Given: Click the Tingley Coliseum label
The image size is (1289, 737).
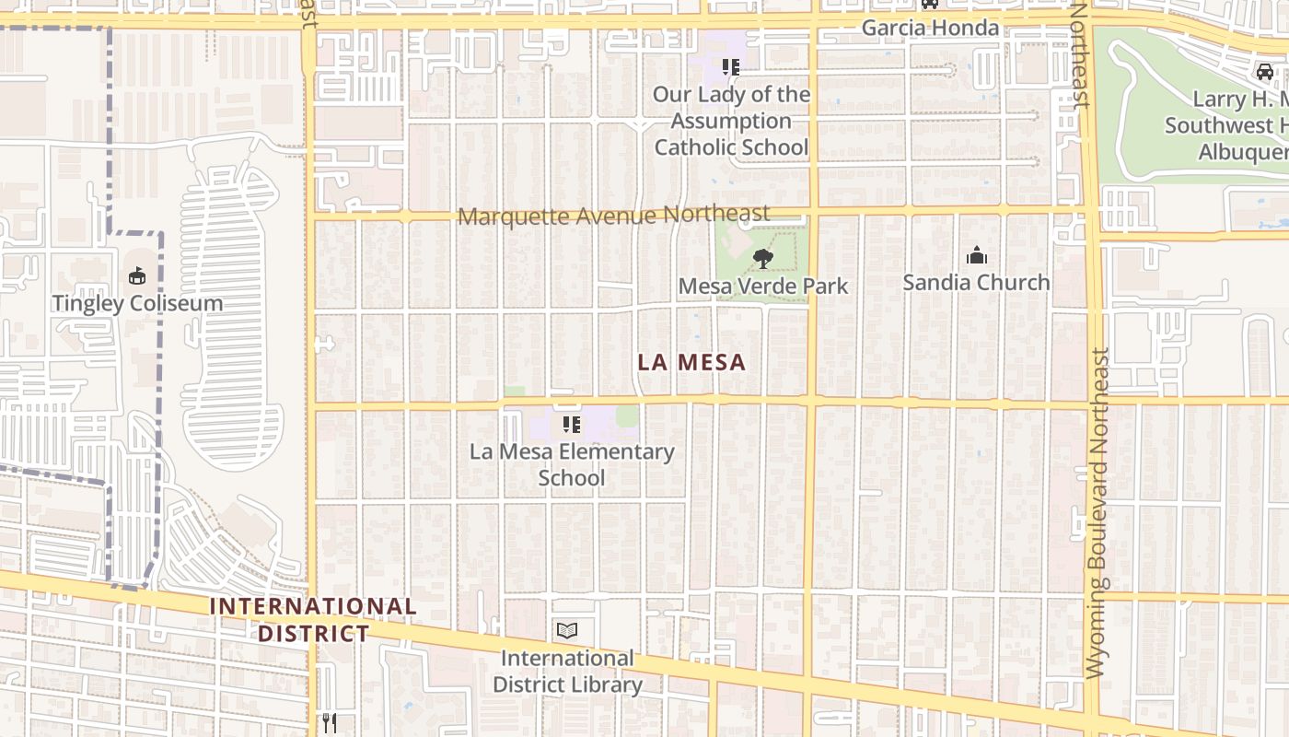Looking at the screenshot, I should tap(137, 303).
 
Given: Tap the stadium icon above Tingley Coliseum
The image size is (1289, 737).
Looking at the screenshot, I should tap(137, 275).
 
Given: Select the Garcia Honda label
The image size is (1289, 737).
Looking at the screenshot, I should tap(930, 28).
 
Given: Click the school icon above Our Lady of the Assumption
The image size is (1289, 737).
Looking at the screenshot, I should tap(731, 66).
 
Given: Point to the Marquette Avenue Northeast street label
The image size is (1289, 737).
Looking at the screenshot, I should tap(613, 216).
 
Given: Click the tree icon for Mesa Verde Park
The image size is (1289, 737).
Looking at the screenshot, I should tap(762, 259).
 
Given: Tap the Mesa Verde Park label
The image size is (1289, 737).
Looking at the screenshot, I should tap(762, 286).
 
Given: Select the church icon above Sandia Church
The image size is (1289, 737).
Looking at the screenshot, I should tap(976, 255).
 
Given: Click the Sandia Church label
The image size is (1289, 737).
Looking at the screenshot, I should tap(976, 282).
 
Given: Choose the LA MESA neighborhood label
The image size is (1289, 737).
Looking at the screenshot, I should tap(691, 362).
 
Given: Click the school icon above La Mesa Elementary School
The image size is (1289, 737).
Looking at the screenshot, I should tap(572, 425).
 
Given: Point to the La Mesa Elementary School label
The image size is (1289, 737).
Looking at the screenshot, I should tap(572, 464).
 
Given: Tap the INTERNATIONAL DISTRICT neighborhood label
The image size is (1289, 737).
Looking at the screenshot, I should tap(313, 620).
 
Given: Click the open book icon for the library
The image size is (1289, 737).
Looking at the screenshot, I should tap(567, 631).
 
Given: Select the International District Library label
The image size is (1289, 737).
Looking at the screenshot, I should tap(567, 672).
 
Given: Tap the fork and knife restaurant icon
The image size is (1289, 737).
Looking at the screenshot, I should tap(330, 723).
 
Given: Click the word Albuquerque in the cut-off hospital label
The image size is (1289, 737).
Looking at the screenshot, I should tap(1243, 152).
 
